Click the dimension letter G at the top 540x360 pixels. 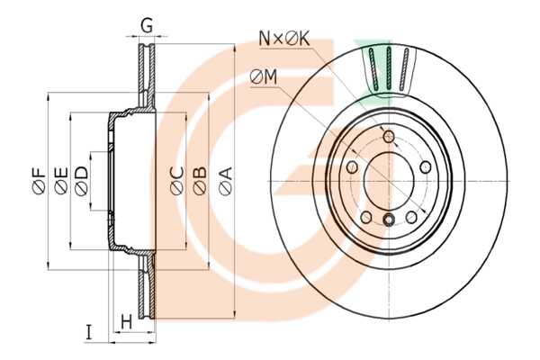tap(147, 25)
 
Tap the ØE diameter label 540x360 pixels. tap(60, 180)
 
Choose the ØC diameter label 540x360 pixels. tap(177, 180)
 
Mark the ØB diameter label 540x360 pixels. tap(200, 180)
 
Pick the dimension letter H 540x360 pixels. tap(126, 321)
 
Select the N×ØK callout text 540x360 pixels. tap(284, 38)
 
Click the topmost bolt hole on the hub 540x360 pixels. tap(389, 137)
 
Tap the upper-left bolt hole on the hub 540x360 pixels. tap(351, 167)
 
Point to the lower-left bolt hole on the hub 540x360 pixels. tap(365, 217)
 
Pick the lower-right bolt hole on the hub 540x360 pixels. tap(412, 216)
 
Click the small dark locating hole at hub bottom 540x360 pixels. tap(389, 220)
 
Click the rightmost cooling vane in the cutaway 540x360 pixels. tap(405, 69)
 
